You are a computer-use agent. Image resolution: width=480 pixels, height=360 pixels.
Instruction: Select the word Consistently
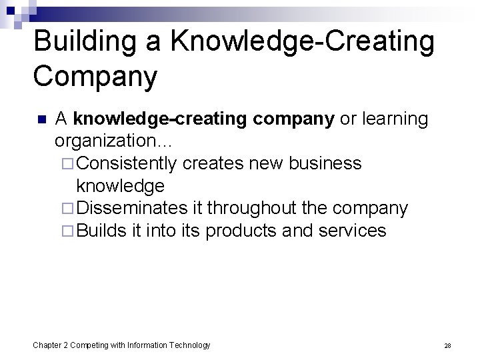click(x=131, y=163)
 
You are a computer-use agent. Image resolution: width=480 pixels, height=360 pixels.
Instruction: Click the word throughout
click(x=255, y=209)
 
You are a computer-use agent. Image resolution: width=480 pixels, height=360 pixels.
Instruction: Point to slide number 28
click(x=447, y=345)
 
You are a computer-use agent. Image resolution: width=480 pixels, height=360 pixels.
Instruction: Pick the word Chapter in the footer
click(x=49, y=345)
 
